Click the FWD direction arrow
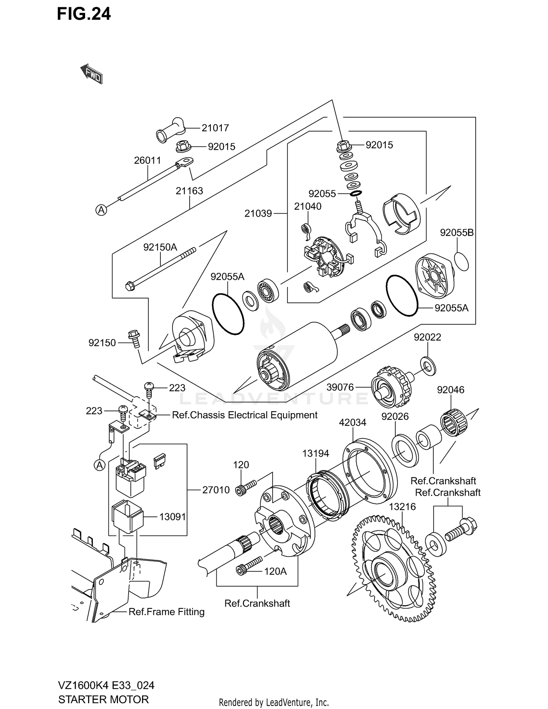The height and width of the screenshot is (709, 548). (91, 73)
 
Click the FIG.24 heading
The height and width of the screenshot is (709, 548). (84, 14)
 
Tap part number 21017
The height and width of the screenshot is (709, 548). (215, 128)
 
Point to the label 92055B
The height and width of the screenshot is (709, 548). (456, 233)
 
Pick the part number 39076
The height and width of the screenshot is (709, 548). (340, 387)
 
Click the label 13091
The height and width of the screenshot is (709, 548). (172, 517)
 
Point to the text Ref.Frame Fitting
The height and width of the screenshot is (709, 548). (166, 612)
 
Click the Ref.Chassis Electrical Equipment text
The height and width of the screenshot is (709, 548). (244, 415)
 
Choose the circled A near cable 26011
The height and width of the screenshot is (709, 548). (101, 210)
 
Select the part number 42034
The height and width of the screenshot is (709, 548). (352, 423)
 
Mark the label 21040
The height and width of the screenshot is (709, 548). (308, 206)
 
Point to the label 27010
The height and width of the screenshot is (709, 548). (216, 490)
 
